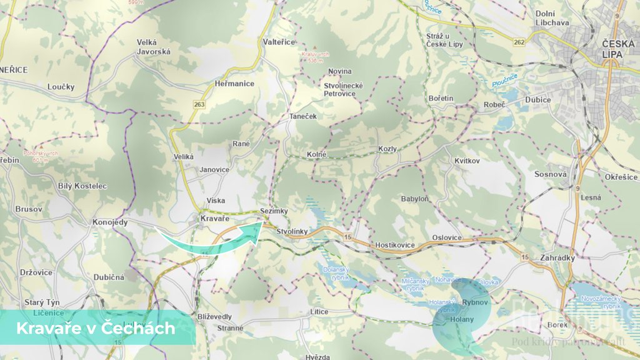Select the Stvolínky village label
(292, 232)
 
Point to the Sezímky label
(274, 211)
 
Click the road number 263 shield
(199, 104)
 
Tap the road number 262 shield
(517, 42)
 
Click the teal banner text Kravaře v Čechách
(95, 327)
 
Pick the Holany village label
(462, 320)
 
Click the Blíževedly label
(214, 316)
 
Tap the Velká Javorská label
(154, 47)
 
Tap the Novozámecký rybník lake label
(601, 303)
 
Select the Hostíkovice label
(394, 245)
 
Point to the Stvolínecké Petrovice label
(339, 89)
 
